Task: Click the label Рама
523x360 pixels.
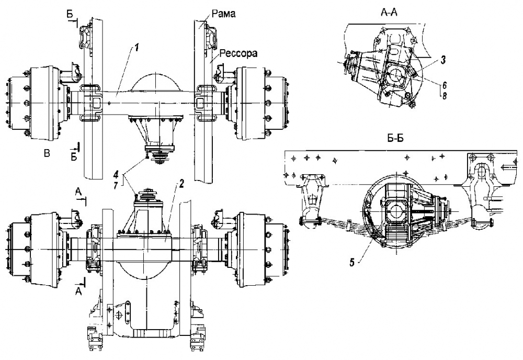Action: tap(223, 14)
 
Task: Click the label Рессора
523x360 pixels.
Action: tap(238, 53)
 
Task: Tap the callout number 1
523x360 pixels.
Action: tap(137, 48)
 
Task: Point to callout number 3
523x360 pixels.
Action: tap(444, 60)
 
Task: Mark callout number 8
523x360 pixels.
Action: tap(444, 96)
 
